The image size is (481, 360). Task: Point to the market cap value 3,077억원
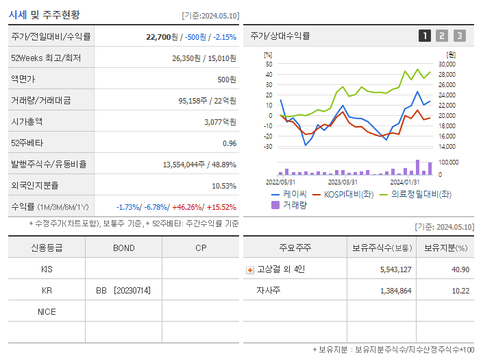(220, 122)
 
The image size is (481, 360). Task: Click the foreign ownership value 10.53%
(224, 186)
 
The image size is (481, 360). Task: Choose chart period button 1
(425, 36)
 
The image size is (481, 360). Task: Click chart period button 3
(459, 36)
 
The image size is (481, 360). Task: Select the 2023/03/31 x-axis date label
(343, 182)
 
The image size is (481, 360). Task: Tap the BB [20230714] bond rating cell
(123, 291)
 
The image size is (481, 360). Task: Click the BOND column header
(123, 248)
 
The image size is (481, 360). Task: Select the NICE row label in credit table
(47, 312)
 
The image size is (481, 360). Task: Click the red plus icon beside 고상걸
(250, 270)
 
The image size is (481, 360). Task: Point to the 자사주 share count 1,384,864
(395, 291)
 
